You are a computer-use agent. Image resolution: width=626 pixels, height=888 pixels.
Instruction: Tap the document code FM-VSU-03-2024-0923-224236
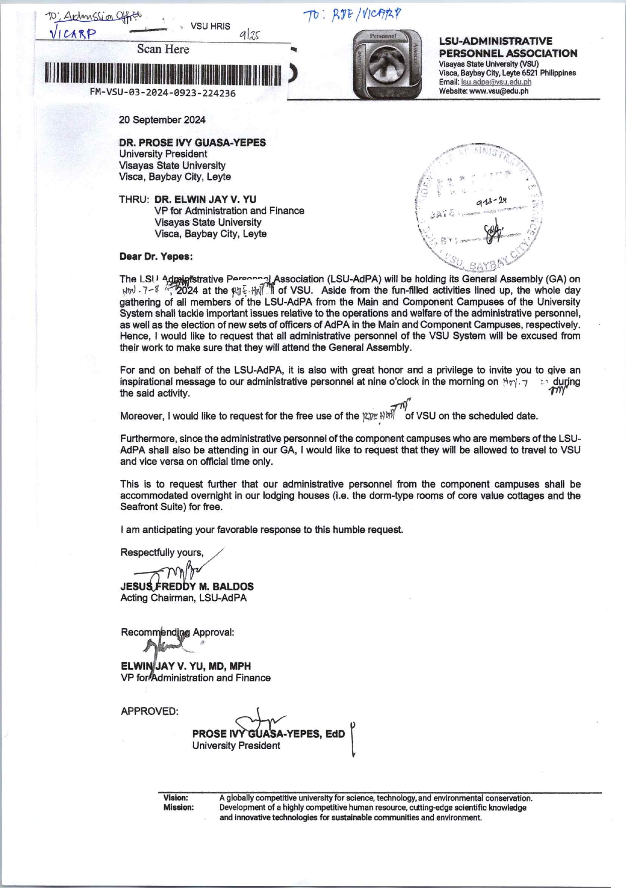pos(163,93)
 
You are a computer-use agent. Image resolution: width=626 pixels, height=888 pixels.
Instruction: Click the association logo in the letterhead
pos(387,64)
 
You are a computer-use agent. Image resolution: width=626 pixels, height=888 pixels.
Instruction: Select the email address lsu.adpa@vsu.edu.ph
pos(496,82)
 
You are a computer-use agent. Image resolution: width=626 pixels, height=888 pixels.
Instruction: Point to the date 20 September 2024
pos(162,120)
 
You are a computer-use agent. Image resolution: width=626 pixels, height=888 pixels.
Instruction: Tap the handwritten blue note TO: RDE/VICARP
pos(352,16)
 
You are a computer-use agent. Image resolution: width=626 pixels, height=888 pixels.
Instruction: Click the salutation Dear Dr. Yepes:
pos(156,257)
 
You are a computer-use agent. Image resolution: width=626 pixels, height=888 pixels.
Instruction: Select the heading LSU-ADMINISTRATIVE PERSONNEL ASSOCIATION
pos(508,47)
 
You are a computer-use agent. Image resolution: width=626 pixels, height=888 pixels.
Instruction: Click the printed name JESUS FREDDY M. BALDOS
pos(187,587)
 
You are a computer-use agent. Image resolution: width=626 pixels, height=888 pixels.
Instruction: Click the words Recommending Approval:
pos(177,632)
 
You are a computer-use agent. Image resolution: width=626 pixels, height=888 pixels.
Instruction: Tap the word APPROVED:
pos(149,711)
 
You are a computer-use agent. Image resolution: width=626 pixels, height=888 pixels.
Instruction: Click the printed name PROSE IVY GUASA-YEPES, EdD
pos(268,734)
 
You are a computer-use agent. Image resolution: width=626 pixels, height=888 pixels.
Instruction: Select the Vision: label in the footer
pos(176,798)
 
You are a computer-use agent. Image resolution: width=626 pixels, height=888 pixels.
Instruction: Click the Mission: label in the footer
pos(178,808)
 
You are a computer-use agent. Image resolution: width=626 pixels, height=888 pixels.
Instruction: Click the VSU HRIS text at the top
pos(210,26)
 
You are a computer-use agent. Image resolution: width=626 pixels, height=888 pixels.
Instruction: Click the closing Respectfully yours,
pos(162,552)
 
